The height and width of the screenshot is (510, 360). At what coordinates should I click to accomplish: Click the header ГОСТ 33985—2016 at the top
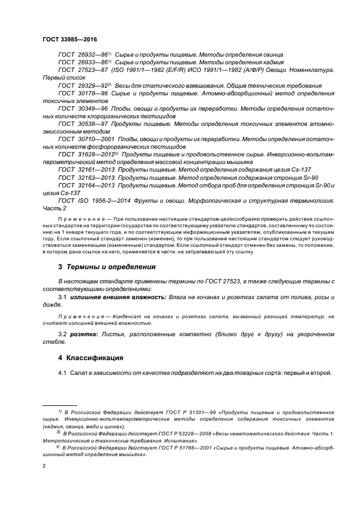(x=65, y=40)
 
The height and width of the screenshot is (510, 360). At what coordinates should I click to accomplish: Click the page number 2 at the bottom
(x=44, y=466)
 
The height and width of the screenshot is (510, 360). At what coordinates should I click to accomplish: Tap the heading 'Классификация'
(x=94, y=358)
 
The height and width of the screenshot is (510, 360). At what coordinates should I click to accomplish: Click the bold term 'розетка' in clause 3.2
(x=82, y=333)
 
